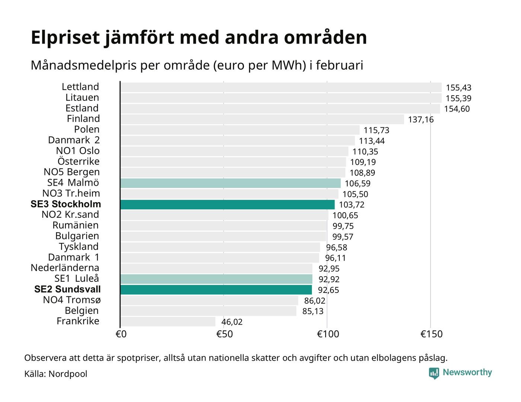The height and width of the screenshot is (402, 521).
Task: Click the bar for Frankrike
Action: [168, 322]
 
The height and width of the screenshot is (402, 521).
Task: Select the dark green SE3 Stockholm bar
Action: [227, 204]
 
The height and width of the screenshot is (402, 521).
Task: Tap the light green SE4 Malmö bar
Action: [230, 183]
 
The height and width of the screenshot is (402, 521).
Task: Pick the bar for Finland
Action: [262, 119]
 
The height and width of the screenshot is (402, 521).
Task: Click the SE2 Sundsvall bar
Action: [216, 290]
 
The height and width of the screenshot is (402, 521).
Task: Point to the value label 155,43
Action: [458, 88]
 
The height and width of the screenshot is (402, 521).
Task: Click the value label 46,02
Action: [232, 322]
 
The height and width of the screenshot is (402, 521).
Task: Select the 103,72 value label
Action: [352, 205]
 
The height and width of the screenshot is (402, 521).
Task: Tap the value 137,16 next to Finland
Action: [421, 119]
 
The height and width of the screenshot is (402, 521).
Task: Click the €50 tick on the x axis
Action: [224, 334]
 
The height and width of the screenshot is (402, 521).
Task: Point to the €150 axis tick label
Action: [431, 334]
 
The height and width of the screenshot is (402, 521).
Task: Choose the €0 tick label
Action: [121, 334]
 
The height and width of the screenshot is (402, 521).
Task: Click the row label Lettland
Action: [80, 87]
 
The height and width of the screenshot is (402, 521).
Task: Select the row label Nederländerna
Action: [65, 268]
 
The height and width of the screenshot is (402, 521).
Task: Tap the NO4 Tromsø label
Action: [72, 300]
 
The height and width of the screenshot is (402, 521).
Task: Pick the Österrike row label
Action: [79, 162]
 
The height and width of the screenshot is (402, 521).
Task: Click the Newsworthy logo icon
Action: [434, 373]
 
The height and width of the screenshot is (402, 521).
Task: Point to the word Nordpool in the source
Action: [68, 374]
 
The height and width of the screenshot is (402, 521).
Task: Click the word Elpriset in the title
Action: [65, 38]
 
